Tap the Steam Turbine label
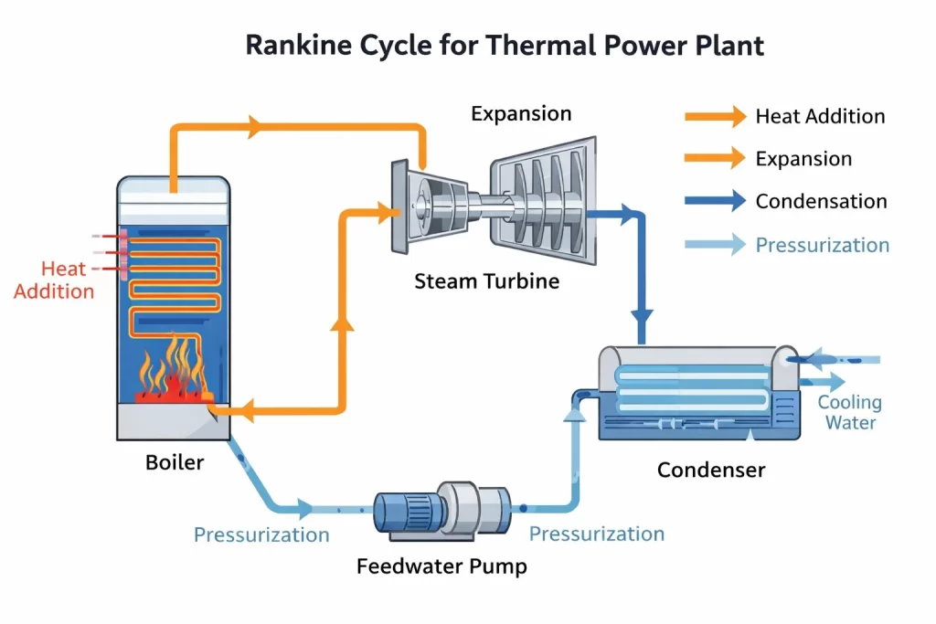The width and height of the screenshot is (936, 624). pyautogui.click(x=486, y=280)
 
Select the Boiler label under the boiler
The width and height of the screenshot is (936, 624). pyautogui.click(x=175, y=462)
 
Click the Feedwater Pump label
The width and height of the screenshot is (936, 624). pyautogui.click(x=441, y=566)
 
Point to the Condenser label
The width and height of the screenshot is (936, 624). pyautogui.click(x=711, y=471)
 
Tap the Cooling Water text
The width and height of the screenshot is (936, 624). pyautogui.click(x=850, y=412)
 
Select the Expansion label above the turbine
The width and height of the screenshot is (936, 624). pyautogui.click(x=521, y=114)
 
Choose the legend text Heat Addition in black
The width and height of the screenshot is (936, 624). pyautogui.click(x=820, y=117)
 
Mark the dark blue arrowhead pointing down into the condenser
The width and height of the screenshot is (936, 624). pyautogui.click(x=643, y=317)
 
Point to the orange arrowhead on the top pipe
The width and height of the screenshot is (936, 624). pyautogui.click(x=254, y=128)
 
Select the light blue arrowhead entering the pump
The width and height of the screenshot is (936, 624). pyautogui.click(x=302, y=508)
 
